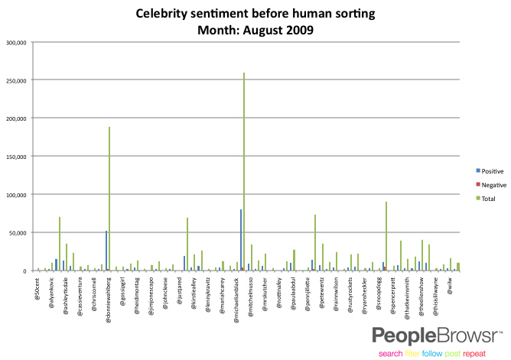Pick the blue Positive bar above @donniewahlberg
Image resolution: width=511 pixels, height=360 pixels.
(106, 251)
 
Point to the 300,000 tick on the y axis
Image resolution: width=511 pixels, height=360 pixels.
(17, 42)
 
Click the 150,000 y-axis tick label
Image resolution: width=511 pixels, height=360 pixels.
(17, 118)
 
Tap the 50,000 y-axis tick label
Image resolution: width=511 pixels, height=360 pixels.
(18, 232)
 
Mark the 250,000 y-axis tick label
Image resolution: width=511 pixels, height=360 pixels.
(17, 80)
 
